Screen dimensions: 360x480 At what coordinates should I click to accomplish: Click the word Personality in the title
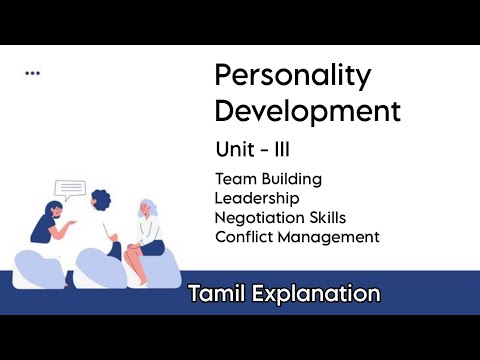(x=293, y=76)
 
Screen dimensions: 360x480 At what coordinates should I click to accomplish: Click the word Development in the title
(x=307, y=109)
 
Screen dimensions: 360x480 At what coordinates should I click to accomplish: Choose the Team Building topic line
(x=268, y=179)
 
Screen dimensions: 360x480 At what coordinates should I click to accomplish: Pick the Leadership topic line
(x=256, y=198)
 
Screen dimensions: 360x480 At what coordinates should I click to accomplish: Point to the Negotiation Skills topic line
(x=288, y=217)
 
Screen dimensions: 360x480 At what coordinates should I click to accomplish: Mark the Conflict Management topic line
(x=297, y=237)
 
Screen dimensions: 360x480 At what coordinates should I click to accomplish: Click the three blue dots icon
(x=33, y=72)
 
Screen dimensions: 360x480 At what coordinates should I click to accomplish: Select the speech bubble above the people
(x=70, y=188)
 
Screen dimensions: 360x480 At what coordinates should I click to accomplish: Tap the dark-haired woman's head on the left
(x=49, y=213)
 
